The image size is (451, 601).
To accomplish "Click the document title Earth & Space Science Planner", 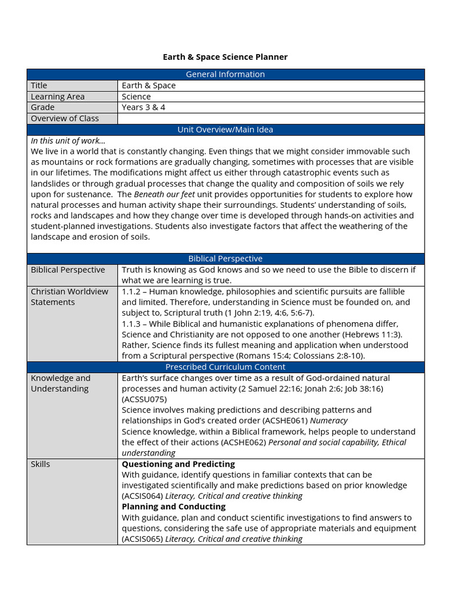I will (x=225, y=57).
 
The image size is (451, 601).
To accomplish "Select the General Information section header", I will (x=225, y=74).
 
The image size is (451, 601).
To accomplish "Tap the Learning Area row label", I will (x=58, y=96).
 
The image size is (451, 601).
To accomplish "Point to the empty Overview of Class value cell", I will (x=270, y=119).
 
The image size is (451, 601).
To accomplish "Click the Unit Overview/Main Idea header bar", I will (x=225, y=130).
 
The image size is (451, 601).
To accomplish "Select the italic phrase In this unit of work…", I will (x=68, y=140).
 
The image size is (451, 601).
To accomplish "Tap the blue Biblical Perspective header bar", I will (x=225, y=259).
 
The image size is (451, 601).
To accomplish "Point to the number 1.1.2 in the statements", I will (x=132, y=292).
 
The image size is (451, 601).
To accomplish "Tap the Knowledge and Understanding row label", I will (x=60, y=383).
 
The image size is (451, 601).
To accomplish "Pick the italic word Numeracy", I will (x=329, y=421).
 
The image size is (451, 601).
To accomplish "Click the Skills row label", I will (x=41, y=464).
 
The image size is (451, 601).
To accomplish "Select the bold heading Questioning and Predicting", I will (x=178, y=464).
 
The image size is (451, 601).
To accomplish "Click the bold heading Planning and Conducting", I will (x=173, y=507).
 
